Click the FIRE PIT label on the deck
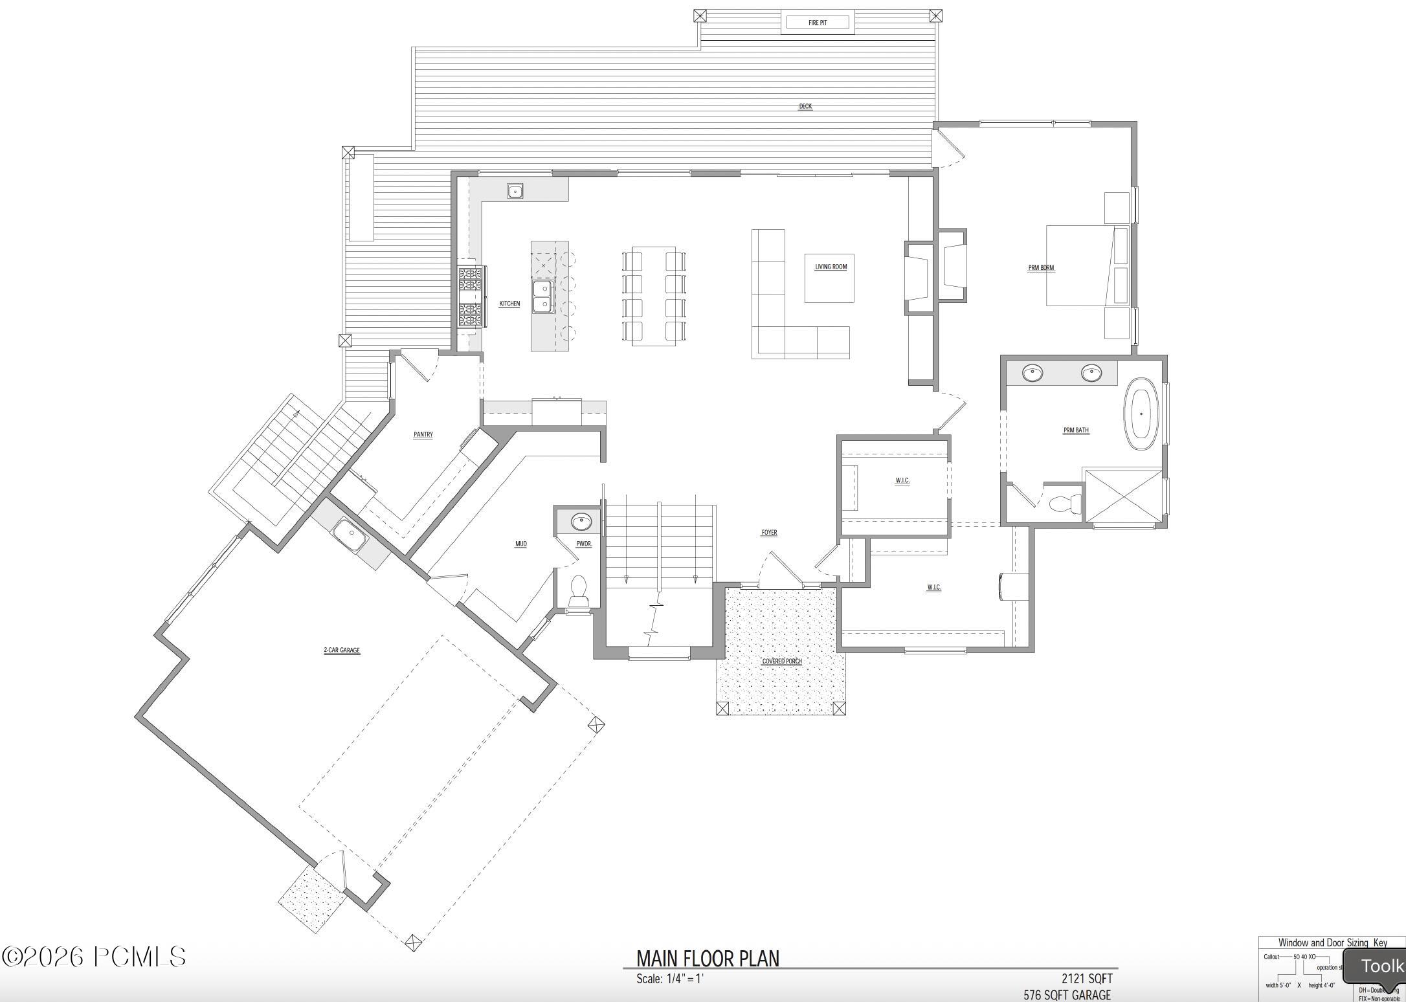point(818,23)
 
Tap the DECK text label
point(805,106)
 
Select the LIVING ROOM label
point(831,267)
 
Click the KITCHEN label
point(509,304)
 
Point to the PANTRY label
point(423,435)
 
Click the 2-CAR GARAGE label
point(342,651)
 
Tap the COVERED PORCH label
point(782,661)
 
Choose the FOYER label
point(769,533)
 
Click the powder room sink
point(581,521)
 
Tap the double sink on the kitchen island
point(542,296)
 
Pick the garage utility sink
point(349,537)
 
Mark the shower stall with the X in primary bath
point(1123,495)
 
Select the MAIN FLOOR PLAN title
point(708,959)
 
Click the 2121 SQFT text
point(1086,978)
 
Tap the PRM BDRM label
point(1041,267)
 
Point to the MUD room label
point(520,544)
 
